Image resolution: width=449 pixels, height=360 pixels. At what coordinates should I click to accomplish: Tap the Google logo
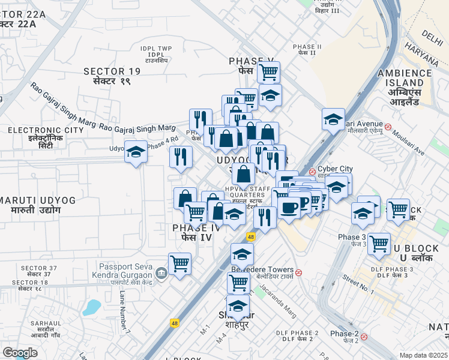[20, 353]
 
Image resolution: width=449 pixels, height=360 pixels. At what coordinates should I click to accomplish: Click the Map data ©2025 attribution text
[423, 355]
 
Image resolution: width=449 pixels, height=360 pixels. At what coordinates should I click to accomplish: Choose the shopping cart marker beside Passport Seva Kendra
[179, 263]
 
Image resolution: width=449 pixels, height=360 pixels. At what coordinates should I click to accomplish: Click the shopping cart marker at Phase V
[268, 73]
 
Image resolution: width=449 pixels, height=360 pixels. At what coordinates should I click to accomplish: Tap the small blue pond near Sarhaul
[92, 307]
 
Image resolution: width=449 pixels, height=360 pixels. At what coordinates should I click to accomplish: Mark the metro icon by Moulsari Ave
[389, 127]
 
